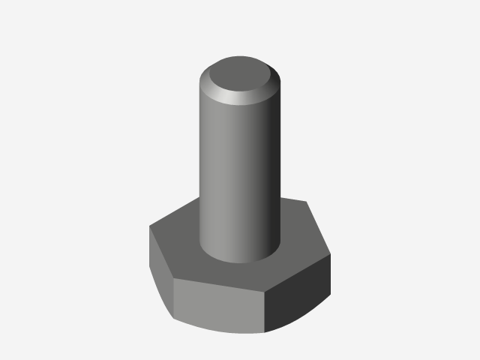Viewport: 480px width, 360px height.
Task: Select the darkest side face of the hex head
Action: click(x=298, y=296)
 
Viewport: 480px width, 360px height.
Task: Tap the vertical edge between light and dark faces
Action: click(x=266, y=311)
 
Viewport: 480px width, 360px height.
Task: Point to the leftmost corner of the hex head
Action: click(x=149, y=229)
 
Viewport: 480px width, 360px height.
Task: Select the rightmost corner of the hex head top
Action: click(x=331, y=255)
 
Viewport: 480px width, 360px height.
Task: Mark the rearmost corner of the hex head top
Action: click(x=307, y=201)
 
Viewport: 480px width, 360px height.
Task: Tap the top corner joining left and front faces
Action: click(x=173, y=280)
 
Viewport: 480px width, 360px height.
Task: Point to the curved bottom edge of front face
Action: click(x=217, y=328)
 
